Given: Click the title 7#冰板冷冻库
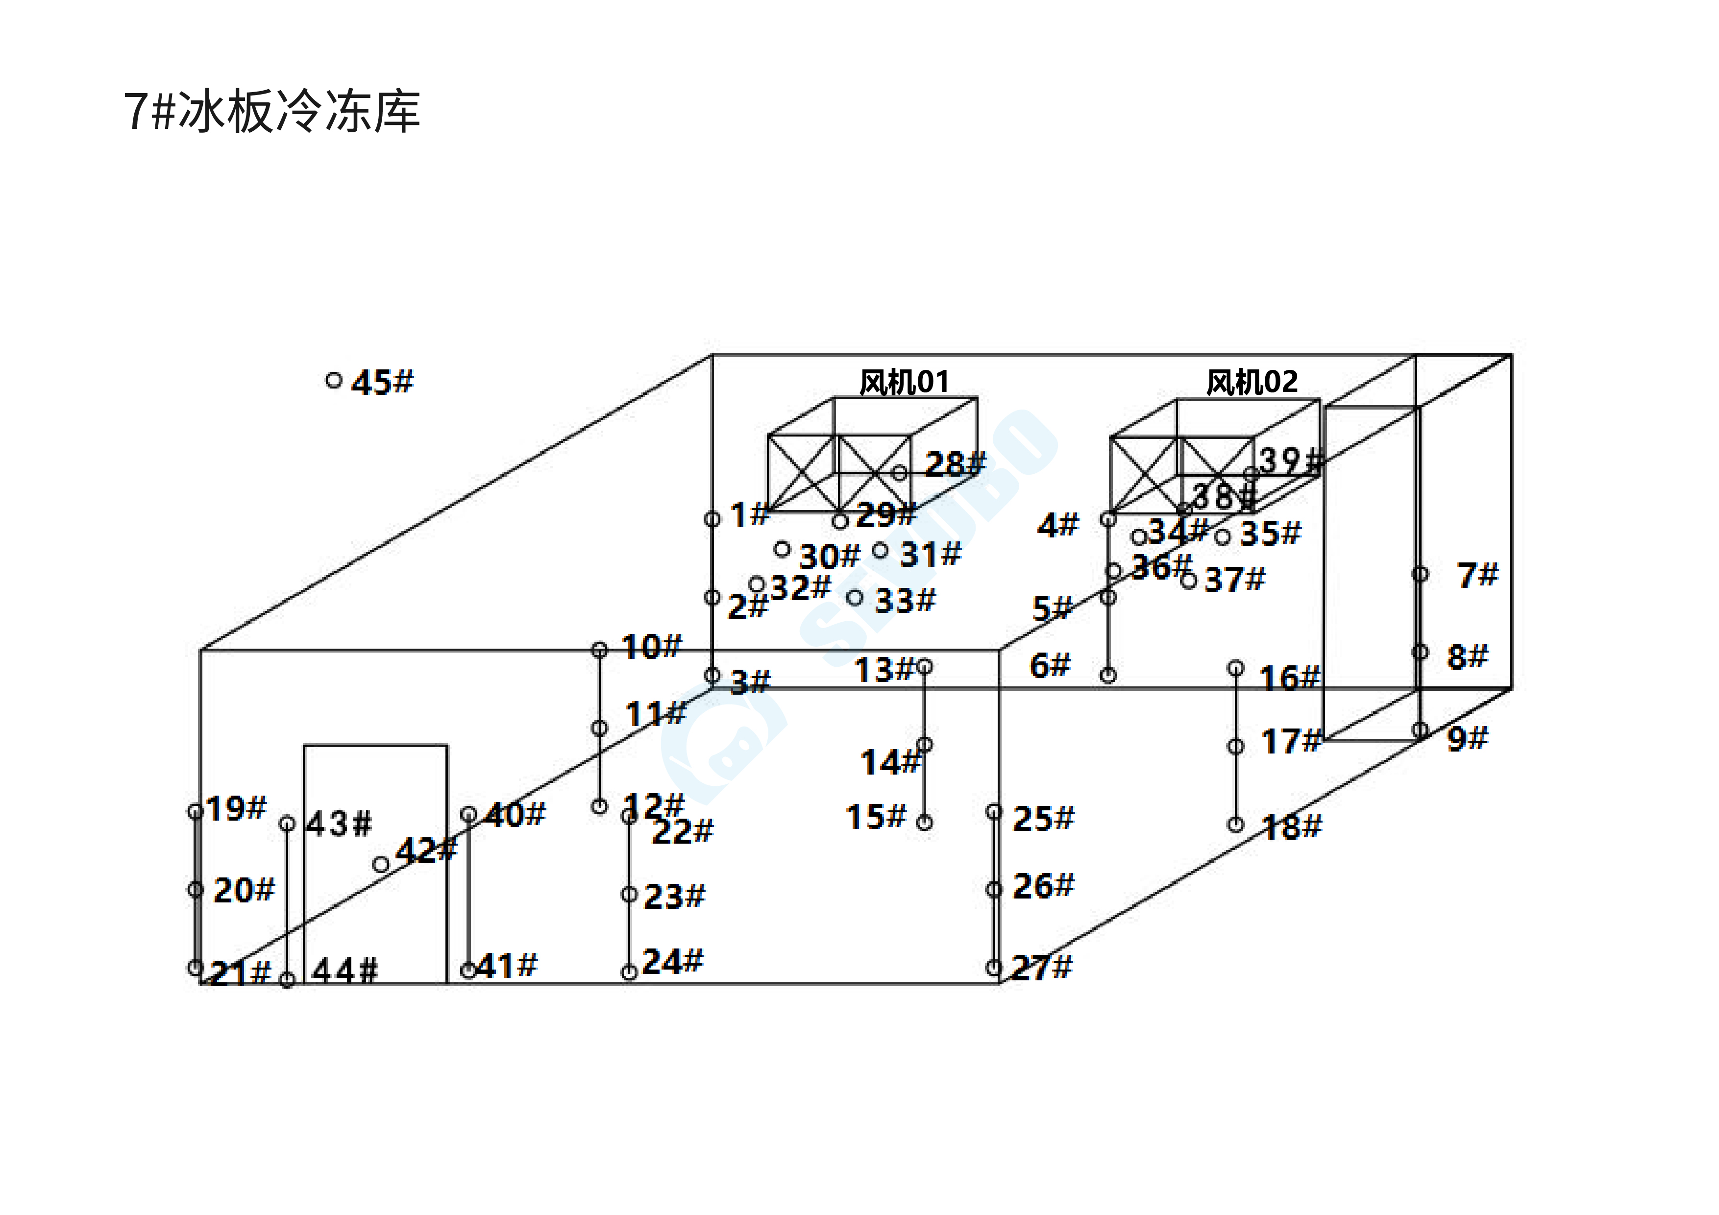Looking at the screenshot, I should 272,112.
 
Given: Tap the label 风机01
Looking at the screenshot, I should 904,383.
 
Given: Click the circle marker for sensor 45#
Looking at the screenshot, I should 334,380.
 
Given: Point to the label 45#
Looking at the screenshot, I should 383,383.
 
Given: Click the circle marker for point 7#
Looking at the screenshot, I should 1420,574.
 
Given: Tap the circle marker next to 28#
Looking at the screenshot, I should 899,472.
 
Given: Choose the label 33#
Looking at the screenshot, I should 905,600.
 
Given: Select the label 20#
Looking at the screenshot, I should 244,890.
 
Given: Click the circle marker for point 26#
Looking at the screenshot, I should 993,889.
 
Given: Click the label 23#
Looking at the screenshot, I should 674,896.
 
